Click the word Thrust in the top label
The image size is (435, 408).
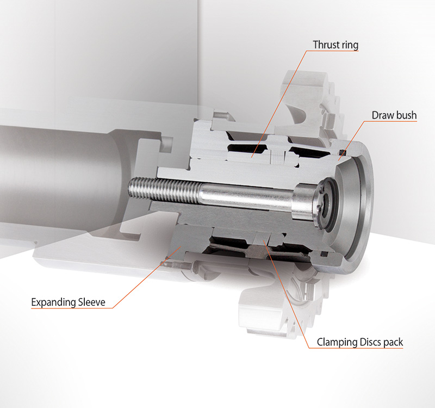click(327, 45)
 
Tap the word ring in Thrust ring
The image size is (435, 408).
click(351, 45)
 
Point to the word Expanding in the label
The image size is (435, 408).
click(53, 302)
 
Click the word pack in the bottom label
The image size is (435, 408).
click(393, 343)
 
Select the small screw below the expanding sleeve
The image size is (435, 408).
click(178, 265)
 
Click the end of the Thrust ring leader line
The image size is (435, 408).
click(252, 157)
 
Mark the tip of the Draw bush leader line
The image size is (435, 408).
click(339, 160)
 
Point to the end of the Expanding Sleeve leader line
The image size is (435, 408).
click(181, 246)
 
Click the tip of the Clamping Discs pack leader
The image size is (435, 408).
click(264, 241)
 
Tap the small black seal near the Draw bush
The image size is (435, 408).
click(343, 152)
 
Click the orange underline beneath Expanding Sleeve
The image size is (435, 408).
click(72, 308)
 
